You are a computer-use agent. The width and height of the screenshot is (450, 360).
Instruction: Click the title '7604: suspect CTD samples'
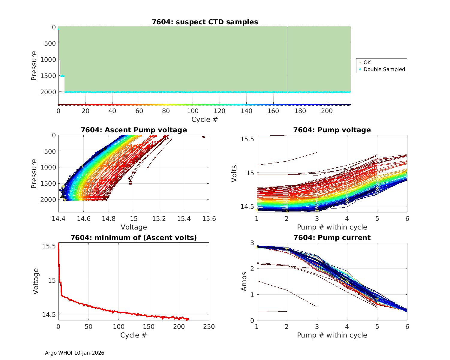click(205, 22)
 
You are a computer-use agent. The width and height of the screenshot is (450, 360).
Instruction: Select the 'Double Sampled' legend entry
click(384, 69)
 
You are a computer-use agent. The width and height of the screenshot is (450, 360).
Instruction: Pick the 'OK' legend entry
click(367, 62)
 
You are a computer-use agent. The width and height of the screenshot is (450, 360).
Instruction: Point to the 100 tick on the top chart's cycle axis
click(193, 111)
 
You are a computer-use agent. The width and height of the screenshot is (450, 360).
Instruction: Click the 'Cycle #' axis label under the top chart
click(205, 119)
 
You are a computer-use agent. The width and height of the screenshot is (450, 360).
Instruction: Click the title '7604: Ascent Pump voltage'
click(134, 130)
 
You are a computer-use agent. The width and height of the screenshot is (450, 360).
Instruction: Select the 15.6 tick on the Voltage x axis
click(209, 218)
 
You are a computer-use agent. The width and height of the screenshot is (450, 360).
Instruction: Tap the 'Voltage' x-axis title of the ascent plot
click(134, 227)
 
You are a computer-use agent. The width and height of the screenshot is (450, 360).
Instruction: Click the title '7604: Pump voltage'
click(332, 130)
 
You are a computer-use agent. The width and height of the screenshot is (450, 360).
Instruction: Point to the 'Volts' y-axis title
click(234, 173)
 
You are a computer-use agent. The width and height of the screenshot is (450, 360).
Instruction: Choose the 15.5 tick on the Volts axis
click(247, 139)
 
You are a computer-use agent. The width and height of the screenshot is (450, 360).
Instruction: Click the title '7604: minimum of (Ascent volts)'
click(134, 238)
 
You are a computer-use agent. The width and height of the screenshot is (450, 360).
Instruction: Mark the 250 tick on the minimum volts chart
click(209, 326)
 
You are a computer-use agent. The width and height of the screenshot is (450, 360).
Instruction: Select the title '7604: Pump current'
click(332, 238)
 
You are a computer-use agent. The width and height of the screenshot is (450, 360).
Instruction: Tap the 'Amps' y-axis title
click(244, 281)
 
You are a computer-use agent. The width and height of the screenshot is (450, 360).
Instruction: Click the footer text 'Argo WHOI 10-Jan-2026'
click(75, 353)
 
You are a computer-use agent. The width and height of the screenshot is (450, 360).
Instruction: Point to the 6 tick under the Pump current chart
click(407, 326)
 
